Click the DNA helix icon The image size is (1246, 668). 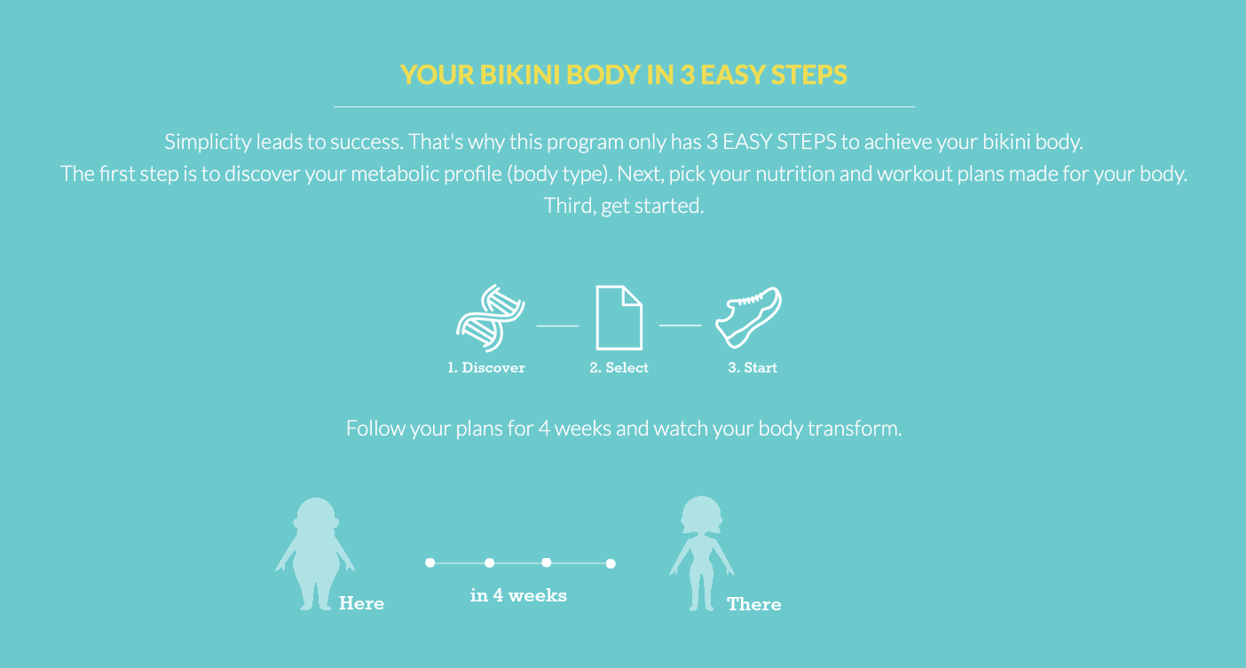[490, 318]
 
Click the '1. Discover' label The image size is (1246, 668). [486, 367]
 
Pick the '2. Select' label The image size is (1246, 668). [619, 367]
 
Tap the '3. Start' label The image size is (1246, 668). [753, 367]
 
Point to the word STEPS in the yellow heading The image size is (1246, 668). [808, 75]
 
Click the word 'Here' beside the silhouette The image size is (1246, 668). [361, 603]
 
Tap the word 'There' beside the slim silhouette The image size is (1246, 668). [753, 605]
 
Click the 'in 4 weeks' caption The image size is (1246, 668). [518, 595]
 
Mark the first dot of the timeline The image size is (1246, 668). [430, 563]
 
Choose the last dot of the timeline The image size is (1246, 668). [611, 564]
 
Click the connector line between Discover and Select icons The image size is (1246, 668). [557, 326]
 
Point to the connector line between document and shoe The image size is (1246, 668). [681, 326]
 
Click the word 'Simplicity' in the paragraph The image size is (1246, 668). [208, 143]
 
